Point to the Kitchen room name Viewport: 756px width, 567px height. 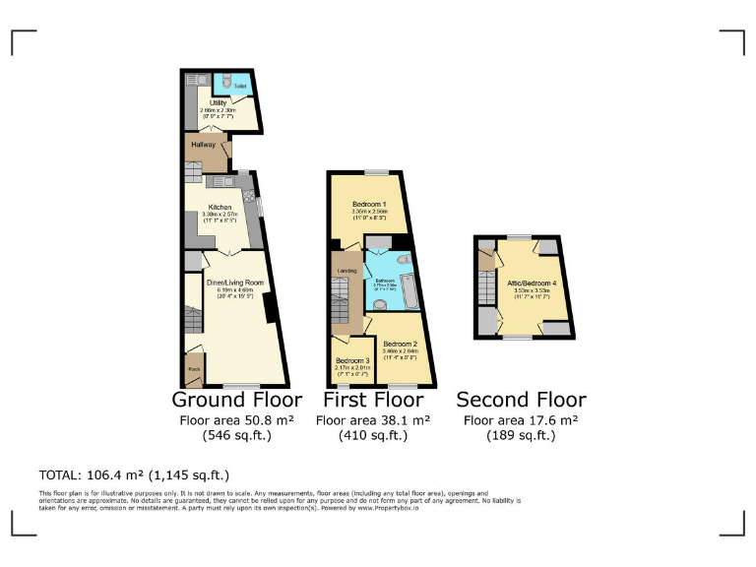point(219,207)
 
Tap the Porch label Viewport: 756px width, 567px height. point(193,372)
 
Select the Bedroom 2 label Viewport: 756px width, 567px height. point(400,344)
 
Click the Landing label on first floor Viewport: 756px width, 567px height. point(347,271)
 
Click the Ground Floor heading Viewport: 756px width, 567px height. point(235,400)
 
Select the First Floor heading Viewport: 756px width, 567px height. point(373,400)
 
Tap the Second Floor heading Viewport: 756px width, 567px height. point(521,400)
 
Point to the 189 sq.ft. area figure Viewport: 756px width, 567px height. point(521,434)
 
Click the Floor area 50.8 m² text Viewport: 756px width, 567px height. point(235,419)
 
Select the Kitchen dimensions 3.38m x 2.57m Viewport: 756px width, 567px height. point(219,215)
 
